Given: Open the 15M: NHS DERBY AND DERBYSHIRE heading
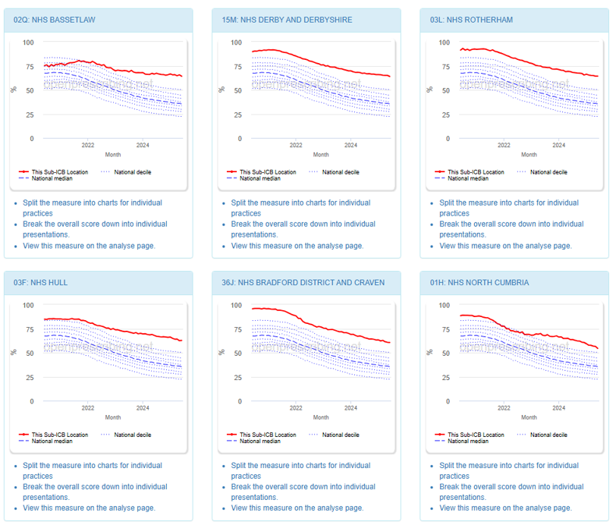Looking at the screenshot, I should pos(287,20).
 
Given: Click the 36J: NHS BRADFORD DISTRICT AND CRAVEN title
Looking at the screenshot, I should pos(303,283).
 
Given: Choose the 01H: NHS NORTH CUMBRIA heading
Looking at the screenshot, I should pos(479,283).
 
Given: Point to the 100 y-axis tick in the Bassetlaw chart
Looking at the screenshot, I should pos(28,42).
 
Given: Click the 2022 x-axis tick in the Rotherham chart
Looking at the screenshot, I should pos(504,145).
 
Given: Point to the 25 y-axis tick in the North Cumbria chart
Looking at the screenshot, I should pos(447,378).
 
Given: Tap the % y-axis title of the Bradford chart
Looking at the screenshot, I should pos(221,352).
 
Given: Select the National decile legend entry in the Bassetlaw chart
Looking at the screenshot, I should pos(132,172).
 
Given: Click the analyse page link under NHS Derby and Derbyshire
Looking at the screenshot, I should pos(297,246).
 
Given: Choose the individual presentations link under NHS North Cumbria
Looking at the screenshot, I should pos(511,487).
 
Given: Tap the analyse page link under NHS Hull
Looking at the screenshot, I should pos(89,508).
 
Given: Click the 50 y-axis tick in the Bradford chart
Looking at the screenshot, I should pos(238,354).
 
